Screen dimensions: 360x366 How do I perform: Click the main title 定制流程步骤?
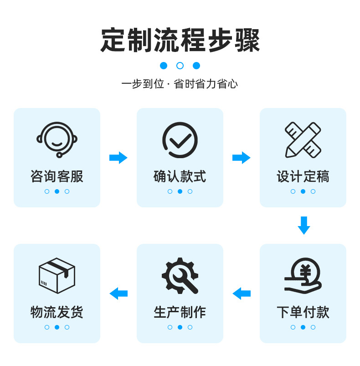pyautogui.click(x=180, y=40)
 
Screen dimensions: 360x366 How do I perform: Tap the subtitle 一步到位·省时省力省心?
pyautogui.click(x=180, y=84)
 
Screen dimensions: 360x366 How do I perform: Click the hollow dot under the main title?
pyautogui.click(x=180, y=66)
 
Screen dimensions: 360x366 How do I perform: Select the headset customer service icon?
pyautogui.click(x=57, y=140)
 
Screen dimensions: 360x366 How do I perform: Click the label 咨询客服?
pyautogui.click(x=57, y=176)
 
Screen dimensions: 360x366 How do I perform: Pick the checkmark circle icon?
pyautogui.click(x=180, y=140)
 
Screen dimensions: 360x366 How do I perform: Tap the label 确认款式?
pyautogui.click(x=180, y=176)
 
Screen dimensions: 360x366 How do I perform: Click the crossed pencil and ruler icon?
pyautogui.click(x=303, y=140)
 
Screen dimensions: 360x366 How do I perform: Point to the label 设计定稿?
pyautogui.click(x=303, y=176)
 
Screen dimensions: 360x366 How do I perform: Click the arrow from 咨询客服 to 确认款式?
pyautogui.click(x=118, y=158)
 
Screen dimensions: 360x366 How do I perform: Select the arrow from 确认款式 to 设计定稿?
pyautogui.click(x=241, y=158)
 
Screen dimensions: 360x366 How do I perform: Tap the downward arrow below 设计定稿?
pyautogui.click(x=304, y=226)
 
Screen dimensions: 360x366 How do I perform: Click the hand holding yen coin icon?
pyautogui.click(x=303, y=276)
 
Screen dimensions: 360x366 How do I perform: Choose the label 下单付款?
pyautogui.click(x=303, y=312)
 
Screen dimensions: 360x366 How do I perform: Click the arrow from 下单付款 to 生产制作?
pyautogui.click(x=242, y=294)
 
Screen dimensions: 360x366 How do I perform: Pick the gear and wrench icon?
pyautogui.click(x=180, y=276)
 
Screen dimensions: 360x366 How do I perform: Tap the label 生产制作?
pyautogui.click(x=180, y=312)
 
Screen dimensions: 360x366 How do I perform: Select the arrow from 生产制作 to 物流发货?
pyautogui.click(x=118, y=294)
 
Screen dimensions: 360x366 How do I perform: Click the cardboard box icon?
pyautogui.click(x=57, y=276)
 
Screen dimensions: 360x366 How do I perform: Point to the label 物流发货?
pyautogui.click(x=57, y=312)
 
